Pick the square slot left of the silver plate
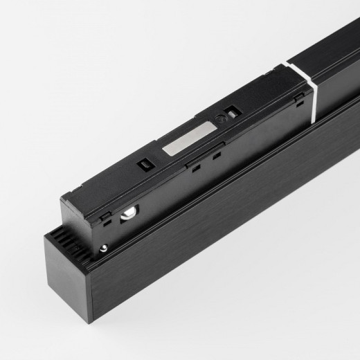146,164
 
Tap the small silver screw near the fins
102,248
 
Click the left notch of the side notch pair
197,168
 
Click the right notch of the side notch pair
217,156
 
